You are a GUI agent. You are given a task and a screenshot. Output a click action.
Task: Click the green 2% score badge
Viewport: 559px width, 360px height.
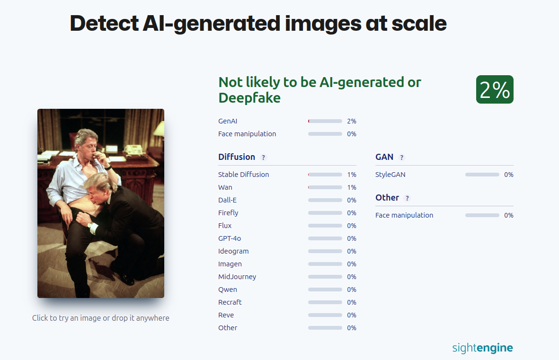coord(495,89)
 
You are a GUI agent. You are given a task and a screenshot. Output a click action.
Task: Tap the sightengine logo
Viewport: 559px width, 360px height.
coord(482,348)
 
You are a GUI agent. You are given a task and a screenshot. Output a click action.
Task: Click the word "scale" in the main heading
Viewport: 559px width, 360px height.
coord(419,24)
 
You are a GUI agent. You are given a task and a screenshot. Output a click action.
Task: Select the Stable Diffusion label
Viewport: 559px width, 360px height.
coord(243,175)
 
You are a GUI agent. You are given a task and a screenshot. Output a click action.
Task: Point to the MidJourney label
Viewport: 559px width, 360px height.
coord(237,277)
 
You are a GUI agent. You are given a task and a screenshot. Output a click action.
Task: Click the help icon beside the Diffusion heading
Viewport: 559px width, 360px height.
coord(264,158)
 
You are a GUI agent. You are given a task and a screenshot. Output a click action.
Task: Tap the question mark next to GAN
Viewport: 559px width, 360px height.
coord(401,158)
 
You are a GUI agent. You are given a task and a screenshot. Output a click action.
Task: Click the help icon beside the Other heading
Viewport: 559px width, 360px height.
coord(407,198)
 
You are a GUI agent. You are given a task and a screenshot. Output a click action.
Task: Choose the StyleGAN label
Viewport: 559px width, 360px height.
coord(390,175)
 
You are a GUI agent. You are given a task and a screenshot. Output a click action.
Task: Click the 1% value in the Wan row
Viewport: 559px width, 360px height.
coord(352,187)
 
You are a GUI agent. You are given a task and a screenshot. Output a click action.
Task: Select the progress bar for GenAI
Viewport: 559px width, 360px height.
coord(325,121)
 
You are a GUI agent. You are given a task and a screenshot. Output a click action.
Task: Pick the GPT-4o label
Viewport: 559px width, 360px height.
coord(230,238)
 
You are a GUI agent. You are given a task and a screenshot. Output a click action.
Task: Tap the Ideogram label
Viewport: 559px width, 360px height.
coord(233,251)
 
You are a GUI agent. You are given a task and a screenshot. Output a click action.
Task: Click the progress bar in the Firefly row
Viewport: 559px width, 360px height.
coord(325,213)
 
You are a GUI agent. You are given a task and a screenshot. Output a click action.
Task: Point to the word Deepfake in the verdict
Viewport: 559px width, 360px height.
coord(249,98)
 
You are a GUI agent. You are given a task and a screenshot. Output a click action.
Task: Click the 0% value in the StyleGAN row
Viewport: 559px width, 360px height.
coord(509,175)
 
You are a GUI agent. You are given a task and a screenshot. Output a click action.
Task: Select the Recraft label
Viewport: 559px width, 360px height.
coord(230,302)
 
